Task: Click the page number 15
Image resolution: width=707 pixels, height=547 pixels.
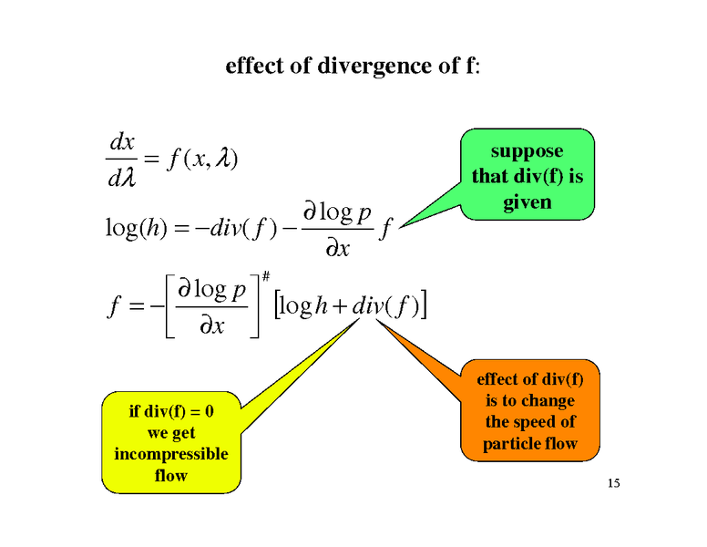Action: coord(614,483)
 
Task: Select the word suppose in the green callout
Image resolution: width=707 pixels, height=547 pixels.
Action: coord(528,151)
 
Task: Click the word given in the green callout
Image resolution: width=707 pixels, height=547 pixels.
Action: coord(528,202)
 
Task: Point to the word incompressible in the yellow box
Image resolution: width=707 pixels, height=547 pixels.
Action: coord(171,454)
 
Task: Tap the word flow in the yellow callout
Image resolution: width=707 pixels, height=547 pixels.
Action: coord(171,475)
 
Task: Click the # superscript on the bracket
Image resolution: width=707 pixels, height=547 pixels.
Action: coord(266,275)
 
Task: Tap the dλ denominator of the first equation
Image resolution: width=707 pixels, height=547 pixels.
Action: coord(122,178)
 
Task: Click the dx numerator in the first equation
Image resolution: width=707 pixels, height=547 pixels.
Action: coord(122,142)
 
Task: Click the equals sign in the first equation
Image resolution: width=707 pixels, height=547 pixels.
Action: coord(152,160)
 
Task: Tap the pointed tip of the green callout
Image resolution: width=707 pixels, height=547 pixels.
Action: coord(399,227)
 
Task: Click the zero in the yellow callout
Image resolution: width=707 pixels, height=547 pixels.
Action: coord(210,411)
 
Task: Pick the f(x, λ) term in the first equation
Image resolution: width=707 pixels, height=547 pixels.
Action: coord(202,159)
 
